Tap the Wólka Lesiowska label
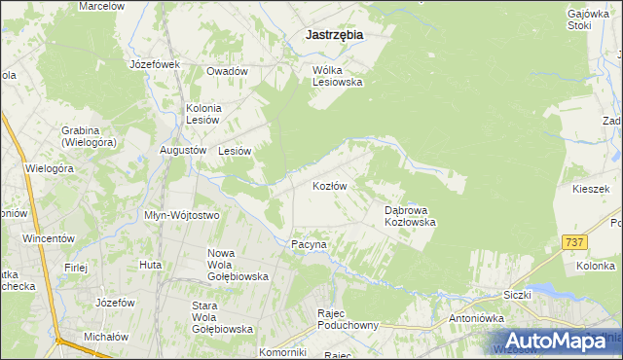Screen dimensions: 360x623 coord(337,76)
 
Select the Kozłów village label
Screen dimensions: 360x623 coord(330,185)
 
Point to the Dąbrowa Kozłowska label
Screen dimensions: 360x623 coord(409,215)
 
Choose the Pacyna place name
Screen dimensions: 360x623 coord(309,245)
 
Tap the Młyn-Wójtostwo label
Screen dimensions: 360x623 coord(181,215)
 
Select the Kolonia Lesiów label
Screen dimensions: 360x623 coord(204,113)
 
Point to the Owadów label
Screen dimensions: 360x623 coord(227,71)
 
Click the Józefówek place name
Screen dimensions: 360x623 coord(156,64)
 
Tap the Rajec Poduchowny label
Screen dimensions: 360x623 coord(347,319)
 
